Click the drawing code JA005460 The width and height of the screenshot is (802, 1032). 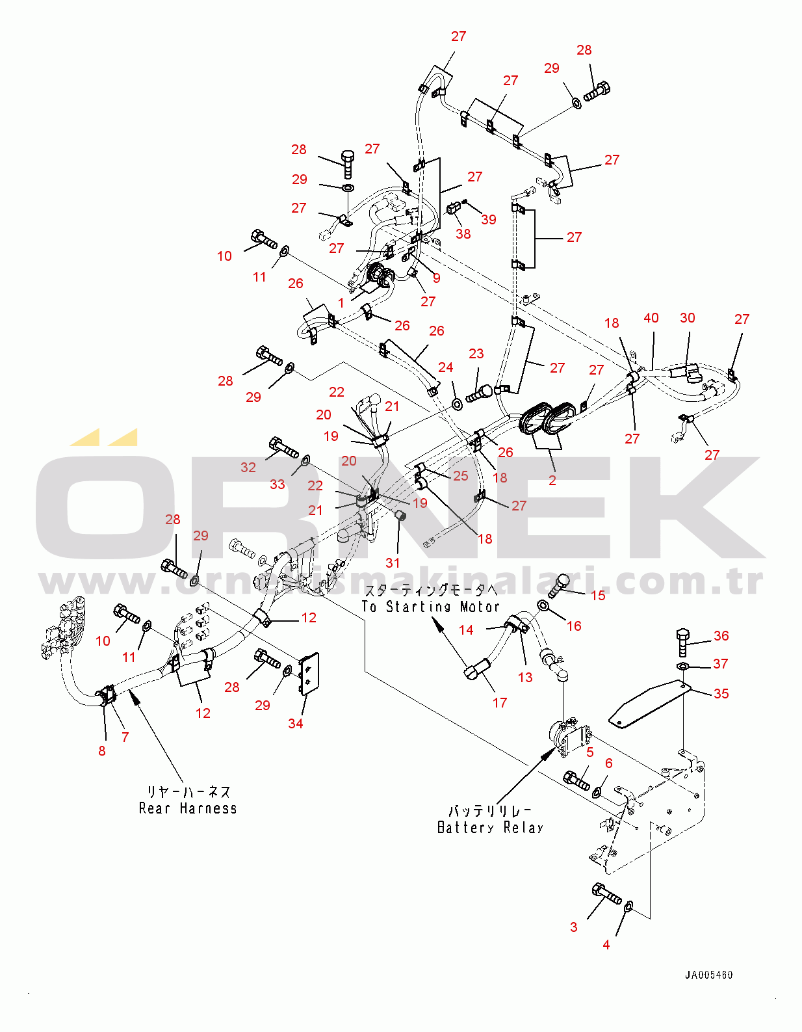[708, 975]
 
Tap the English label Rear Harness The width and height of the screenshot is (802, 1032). [188, 808]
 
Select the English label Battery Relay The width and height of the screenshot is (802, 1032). [490, 828]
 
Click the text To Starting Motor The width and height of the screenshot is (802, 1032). [431, 607]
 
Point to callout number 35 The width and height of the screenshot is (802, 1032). [721, 693]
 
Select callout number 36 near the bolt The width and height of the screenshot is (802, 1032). [721, 635]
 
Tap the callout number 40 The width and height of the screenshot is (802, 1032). [651, 317]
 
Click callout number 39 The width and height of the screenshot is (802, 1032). [489, 219]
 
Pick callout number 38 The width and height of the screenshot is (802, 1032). [463, 233]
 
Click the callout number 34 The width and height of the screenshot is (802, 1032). [295, 723]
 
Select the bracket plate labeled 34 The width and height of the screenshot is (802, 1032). [308, 674]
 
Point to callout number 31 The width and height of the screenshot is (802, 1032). [393, 562]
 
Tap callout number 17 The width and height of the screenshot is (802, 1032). [499, 702]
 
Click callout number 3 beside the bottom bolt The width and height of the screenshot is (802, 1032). [573, 927]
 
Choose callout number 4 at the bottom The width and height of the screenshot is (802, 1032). [606, 944]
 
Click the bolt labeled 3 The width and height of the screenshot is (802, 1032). [607, 894]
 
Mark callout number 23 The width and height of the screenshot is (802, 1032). [476, 353]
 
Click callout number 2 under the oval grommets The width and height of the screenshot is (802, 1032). [552, 481]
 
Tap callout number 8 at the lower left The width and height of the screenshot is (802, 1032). [101, 750]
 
